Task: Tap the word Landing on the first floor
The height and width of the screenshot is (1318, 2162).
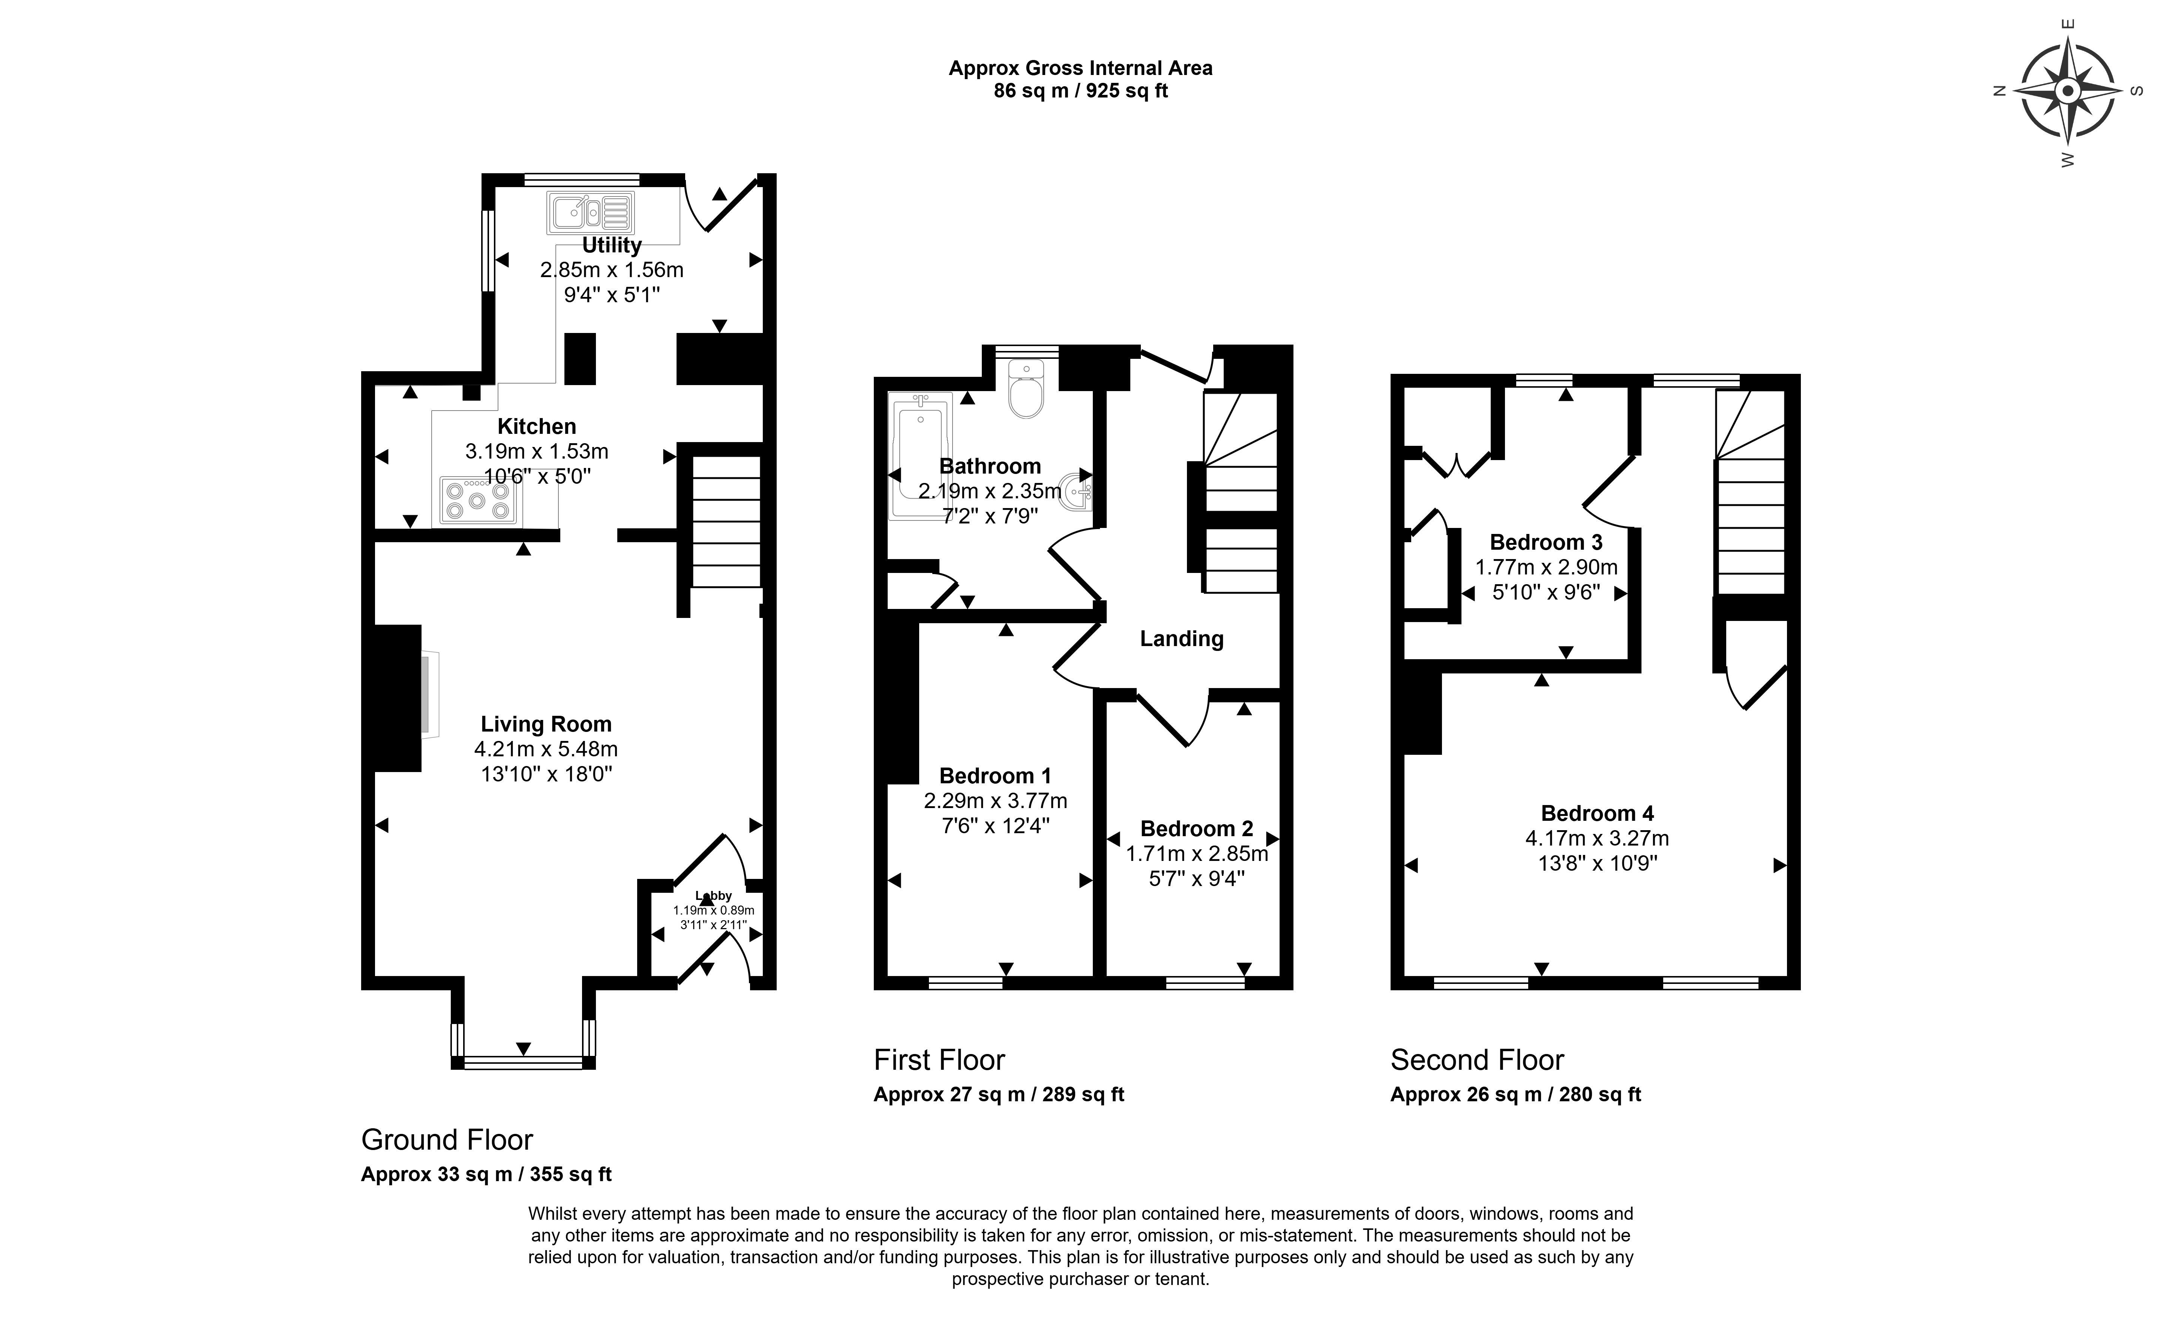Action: point(1181,639)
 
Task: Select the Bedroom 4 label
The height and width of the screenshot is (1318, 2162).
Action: point(1597,813)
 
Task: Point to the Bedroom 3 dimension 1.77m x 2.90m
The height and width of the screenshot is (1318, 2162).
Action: point(1546,568)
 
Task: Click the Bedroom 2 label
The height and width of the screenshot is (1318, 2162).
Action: point(1197,829)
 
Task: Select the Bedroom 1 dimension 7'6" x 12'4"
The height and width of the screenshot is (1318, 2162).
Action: point(995,826)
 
